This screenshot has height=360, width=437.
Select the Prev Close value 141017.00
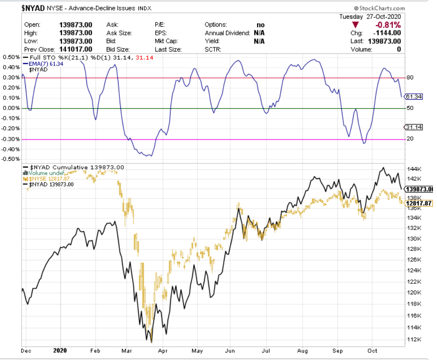pyautogui.click(x=76, y=49)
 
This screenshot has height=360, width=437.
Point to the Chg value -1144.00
pyautogui.click(x=387, y=33)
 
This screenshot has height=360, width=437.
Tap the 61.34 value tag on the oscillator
pyautogui.click(x=414, y=96)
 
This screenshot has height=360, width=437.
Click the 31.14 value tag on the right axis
pyautogui.click(x=414, y=127)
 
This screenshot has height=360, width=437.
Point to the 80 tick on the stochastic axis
pyautogui.click(x=410, y=77)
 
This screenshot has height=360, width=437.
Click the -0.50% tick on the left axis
pyautogui.click(x=11, y=159)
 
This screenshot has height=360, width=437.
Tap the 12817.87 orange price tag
pyautogui.click(x=419, y=203)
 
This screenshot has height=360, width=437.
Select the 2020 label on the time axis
pyautogui.click(x=60, y=350)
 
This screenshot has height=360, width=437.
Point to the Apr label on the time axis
pyautogui.click(x=162, y=350)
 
